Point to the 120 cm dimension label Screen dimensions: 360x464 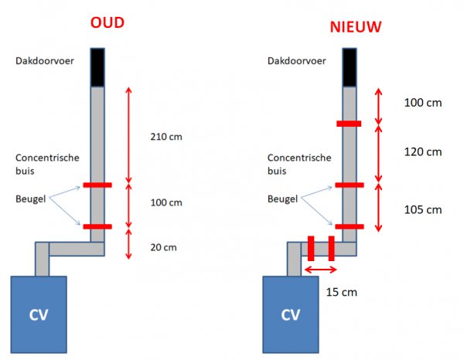(x=422, y=151)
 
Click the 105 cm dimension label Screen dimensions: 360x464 (x=422, y=209)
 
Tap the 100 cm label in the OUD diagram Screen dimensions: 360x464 (x=165, y=203)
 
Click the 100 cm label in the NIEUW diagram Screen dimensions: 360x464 (x=422, y=102)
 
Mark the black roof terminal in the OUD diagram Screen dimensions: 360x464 (x=97, y=67)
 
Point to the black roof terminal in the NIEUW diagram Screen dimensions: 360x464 (x=349, y=67)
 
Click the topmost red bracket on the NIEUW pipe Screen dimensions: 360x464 (x=349, y=124)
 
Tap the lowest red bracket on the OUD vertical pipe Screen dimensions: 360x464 (x=97, y=226)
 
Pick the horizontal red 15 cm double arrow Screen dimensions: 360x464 (x=320, y=270)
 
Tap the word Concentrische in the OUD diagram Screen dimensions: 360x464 (x=46, y=157)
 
